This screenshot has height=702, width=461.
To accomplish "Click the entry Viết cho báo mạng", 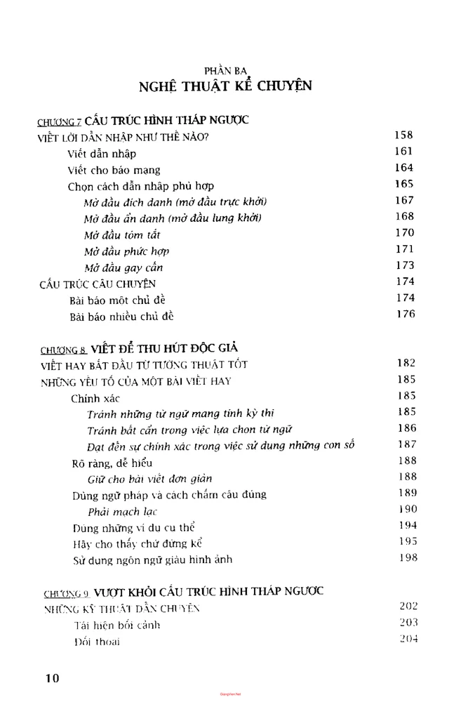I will coord(114,170).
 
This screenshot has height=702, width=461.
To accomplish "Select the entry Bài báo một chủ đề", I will coord(117,300).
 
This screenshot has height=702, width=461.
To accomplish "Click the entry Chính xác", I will coord(95,398).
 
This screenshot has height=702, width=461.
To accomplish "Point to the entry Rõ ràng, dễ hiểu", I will coord(112,463).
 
